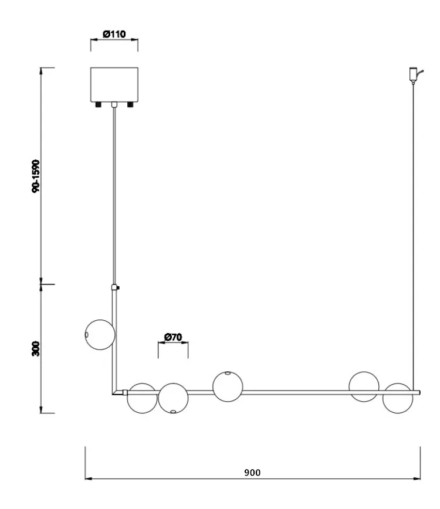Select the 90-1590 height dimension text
tap(37, 175)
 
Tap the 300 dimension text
tap(36, 348)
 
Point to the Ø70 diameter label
tap(173, 337)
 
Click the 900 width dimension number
tap(253, 472)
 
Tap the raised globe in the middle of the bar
tap(228, 386)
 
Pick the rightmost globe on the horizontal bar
tap(398, 398)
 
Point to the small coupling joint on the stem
tap(115, 288)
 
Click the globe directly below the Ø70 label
tap(173, 398)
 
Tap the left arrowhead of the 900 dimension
tap(88, 479)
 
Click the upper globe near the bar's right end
tap(364, 386)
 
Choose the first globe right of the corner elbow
tap(142, 398)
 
